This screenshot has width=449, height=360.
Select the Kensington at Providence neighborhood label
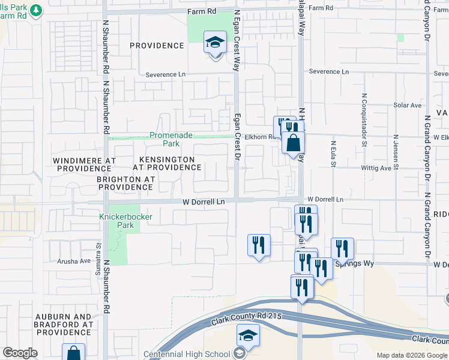click(167, 163)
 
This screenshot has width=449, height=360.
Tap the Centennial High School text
click(187, 354)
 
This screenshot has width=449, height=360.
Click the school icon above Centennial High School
click(247, 337)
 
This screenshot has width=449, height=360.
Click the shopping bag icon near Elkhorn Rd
click(293, 143)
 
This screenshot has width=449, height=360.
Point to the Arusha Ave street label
click(74, 261)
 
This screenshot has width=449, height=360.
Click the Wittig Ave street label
click(376, 169)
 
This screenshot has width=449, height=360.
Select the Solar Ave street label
click(408, 105)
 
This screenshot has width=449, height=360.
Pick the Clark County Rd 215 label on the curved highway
click(246, 317)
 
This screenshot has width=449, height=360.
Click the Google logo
click(20, 353)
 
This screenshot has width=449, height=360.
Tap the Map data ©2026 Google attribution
click(412, 355)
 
